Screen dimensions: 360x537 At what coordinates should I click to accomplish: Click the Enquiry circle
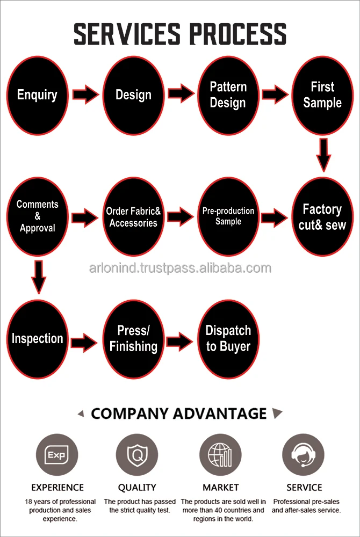click(37, 95)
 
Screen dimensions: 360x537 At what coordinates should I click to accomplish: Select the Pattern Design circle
click(228, 95)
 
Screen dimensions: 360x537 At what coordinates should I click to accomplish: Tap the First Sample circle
click(322, 95)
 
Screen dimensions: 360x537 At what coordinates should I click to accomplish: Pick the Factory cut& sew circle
click(322, 217)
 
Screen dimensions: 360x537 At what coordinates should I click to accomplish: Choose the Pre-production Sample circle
click(228, 217)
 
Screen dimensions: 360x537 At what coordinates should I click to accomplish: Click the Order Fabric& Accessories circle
click(133, 217)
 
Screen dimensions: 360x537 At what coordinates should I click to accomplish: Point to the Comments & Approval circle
click(37, 217)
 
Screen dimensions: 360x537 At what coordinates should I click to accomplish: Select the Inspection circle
click(37, 339)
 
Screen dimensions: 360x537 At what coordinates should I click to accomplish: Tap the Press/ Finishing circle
click(133, 339)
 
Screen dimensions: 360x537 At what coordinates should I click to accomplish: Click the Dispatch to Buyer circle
click(228, 339)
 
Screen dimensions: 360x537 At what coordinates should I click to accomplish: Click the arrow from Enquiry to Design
click(85, 95)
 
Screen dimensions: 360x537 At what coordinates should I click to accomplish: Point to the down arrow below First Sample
click(322, 155)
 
